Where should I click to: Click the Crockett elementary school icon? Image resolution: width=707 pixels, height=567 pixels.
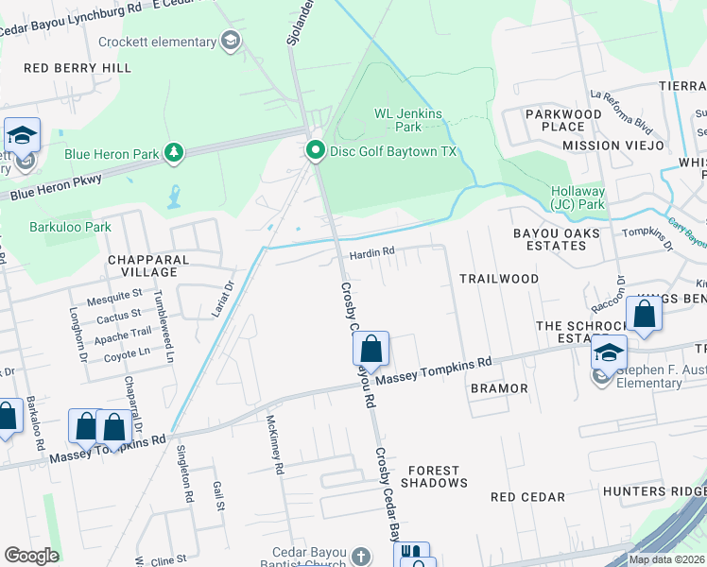pos(230,41)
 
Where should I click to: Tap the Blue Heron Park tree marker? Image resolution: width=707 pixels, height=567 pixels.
pos(173,152)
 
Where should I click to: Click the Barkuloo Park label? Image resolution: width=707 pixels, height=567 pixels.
pos(69,227)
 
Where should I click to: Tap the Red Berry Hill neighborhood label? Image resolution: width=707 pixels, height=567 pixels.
pos(78,68)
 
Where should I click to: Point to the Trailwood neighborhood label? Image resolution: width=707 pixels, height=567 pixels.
pos(498,279)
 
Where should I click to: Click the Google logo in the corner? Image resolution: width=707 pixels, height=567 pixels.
pos(31,556)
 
